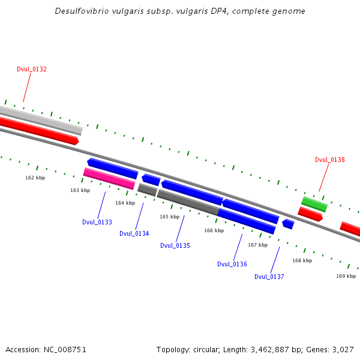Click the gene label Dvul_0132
(x=32, y=70)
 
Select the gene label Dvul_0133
(x=97, y=222)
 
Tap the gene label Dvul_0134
(x=134, y=233)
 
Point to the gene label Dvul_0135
(x=175, y=245)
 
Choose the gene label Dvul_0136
(x=232, y=264)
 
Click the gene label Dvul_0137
(x=269, y=277)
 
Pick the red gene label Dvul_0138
(x=330, y=160)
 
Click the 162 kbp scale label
(x=35, y=178)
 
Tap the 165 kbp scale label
(x=169, y=217)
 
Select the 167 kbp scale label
(x=258, y=245)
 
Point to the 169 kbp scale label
(x=346, y=276)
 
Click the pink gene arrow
(x=109, y=179)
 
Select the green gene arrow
(x=314, y=204)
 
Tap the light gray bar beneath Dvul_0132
(x=42, y=118)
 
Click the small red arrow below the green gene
(x=310, y=214)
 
